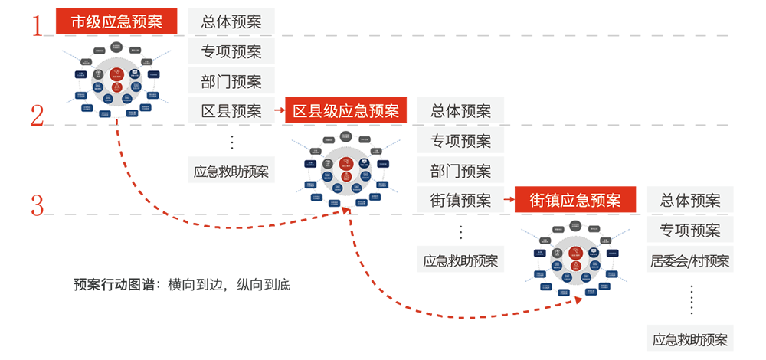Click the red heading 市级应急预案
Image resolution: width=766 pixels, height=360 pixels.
tap(116, 21)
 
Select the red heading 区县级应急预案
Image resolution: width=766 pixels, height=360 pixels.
tap(346, 111)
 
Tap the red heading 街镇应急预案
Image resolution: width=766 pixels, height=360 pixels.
tap(575, 201)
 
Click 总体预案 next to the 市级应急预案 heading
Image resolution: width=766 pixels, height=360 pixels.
tap(231, 21)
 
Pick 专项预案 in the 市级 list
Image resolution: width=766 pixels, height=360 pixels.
tap(231, 52)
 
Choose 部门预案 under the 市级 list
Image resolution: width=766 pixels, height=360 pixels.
tap(231, 81)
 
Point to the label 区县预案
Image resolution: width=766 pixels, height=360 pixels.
tap(231, 111)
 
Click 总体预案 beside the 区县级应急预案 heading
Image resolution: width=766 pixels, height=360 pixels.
tap(460, 111)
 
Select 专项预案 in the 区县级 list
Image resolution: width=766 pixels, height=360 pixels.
tap(460, 141)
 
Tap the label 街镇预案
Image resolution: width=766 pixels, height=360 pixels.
tap(460, 201)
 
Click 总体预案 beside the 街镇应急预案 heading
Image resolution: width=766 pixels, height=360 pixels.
tap(690, 201)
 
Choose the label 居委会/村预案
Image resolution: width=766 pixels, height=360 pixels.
tap(690, 261)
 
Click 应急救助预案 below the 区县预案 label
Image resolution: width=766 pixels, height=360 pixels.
tap(231, 172)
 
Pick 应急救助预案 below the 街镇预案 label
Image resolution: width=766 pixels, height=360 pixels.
tap(460, 261)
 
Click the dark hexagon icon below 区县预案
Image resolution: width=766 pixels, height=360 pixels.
tap(231, 141)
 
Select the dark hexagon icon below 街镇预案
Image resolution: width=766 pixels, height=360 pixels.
tap(460, 231)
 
